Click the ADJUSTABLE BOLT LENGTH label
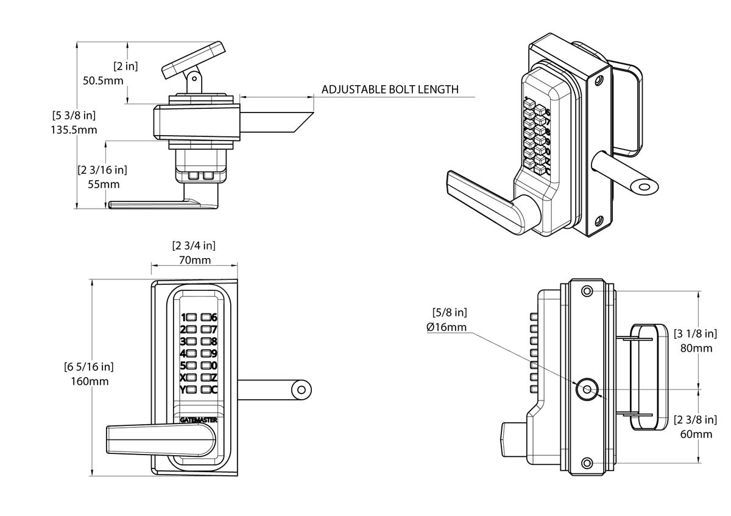pos(389,89)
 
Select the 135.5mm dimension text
pos(75,130)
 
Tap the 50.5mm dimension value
pos(102,80)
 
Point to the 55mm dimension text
pos(103,184)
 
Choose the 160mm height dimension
pos(90,382)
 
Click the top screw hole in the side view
pos(587,291)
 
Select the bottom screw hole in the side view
pos(587,464)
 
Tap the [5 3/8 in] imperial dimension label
pos(74,115)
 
